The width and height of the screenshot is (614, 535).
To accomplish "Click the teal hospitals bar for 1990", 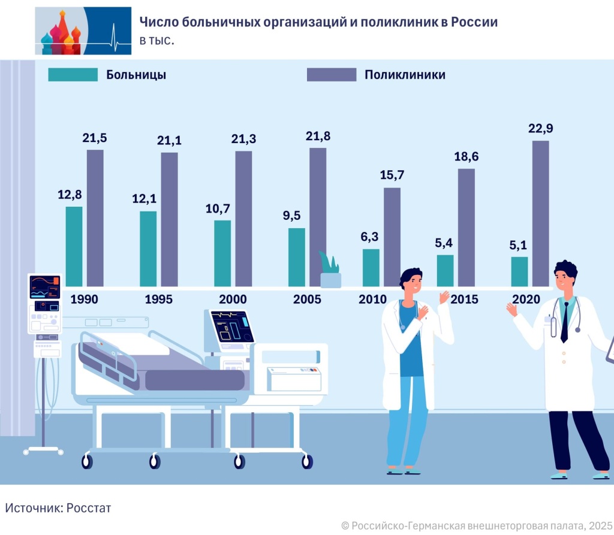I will pos(74,246).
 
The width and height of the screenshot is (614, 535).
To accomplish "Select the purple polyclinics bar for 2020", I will pos(540,213).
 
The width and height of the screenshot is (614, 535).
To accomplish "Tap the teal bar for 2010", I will pos(371,267).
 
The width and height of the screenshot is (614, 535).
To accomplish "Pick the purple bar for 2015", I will pos(466,227).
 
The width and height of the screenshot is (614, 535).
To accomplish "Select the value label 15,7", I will pos(392,176).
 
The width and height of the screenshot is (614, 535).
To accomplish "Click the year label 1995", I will pos(158,300).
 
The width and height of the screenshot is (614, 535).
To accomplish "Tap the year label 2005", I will pos(307,300).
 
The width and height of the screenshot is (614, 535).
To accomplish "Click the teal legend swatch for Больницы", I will pos(73,74).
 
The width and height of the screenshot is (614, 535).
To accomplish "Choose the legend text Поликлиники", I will pos(405,75).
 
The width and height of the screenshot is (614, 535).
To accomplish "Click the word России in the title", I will pos(476,22).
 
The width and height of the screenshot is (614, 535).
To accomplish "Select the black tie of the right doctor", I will pos(564,324).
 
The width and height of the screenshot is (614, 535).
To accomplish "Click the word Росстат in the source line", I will pos(89,508).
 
